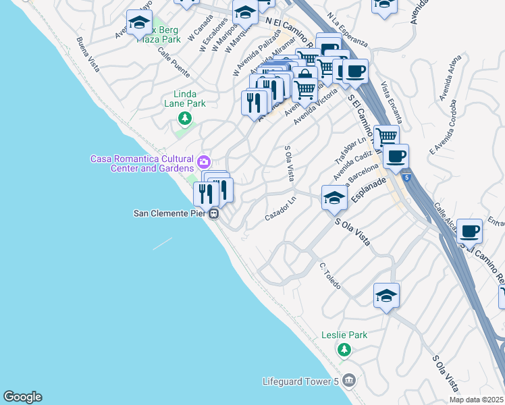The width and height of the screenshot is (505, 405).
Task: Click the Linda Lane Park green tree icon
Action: pyautogui.click(x=184, y=119)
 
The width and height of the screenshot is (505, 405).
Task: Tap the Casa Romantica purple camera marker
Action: pyautogui.click(x=203, y=161)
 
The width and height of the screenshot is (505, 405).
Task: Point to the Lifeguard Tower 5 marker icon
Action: pyautogui.click(x=348, y=381)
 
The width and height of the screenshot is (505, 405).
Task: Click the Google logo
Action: pyautogui.click(x=22, y=397)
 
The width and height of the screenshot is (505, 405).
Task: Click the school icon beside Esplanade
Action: pyautogui.click(x=334, y=198)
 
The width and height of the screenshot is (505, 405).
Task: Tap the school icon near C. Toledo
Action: pyautogui.click(x=386, y=295)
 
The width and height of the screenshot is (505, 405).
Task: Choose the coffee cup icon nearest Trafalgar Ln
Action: pyautogui.click(x=396, y=157)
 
